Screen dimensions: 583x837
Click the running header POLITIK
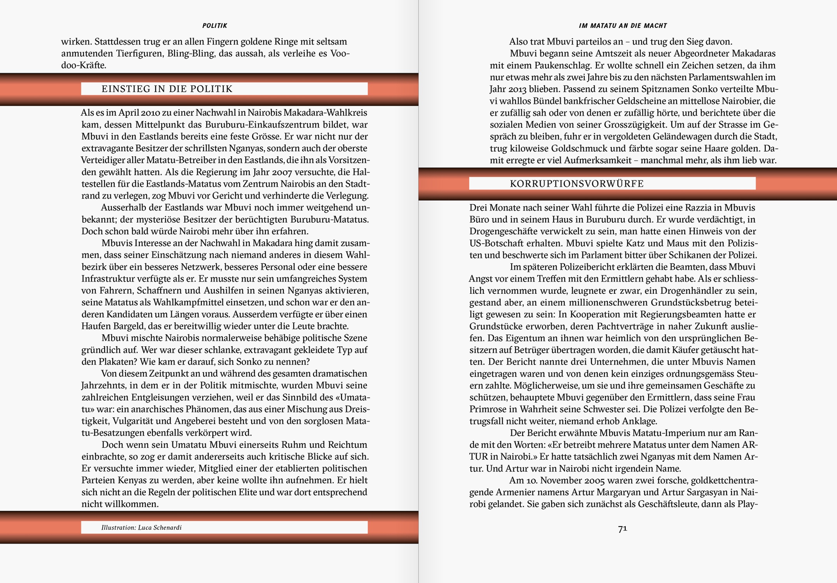coord(214,26)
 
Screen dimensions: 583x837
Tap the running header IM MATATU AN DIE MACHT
coord(623,26)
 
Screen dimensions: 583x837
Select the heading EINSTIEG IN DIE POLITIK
coord(167,89)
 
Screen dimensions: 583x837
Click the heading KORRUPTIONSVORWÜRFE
coord(577,184)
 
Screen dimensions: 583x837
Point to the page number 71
coord(622,528)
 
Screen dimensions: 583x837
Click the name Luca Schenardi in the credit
coord(160,527)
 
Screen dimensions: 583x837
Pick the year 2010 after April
coord(151,113)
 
